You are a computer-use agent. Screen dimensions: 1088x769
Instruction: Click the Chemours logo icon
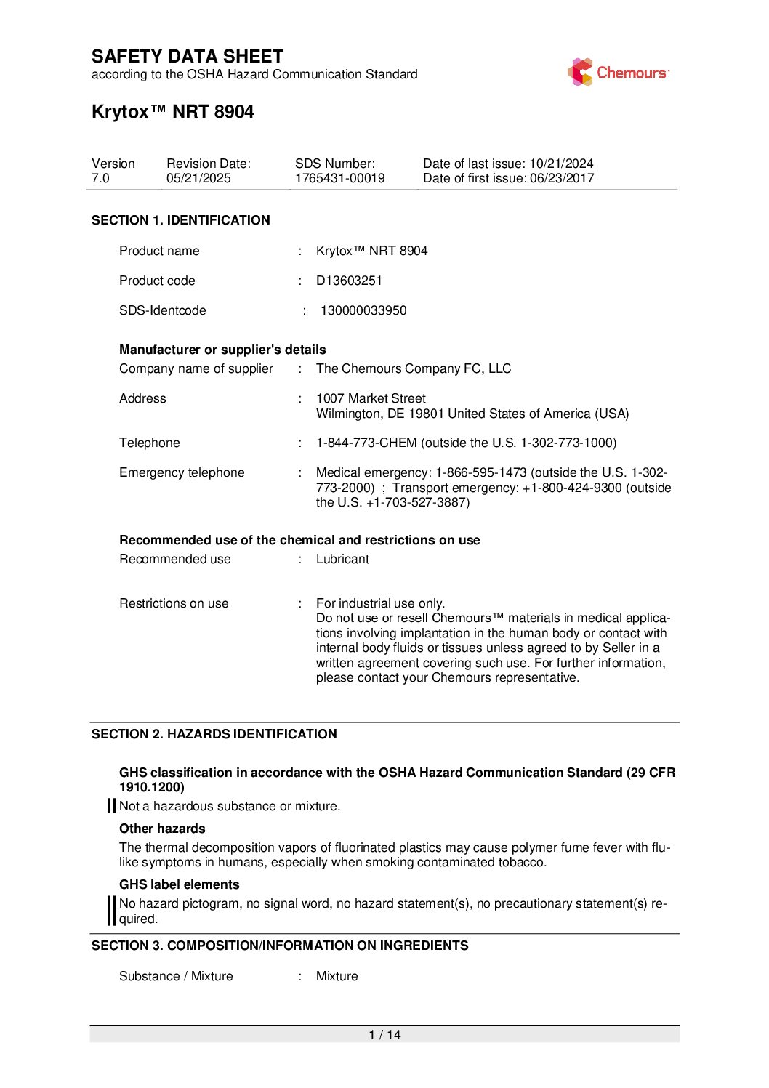[x=580, y=73]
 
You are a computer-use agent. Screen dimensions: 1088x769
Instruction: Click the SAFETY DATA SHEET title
[x=188, y=57]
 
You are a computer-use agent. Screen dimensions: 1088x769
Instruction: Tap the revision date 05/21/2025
[x=198, y=179]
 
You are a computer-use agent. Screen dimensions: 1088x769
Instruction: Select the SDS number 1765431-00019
[x=339, y=179]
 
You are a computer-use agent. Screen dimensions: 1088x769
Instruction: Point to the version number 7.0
[x=100, y=179]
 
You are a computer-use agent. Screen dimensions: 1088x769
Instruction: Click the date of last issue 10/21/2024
[x=561, y=164]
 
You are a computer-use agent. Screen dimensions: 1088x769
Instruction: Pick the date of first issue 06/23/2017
[x=562, y=179]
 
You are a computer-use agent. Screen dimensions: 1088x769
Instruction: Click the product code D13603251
[x=349, y=281]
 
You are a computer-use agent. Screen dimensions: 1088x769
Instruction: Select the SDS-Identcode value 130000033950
[x=363, y=310]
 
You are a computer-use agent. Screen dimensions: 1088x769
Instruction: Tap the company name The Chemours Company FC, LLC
[x=414, y=368]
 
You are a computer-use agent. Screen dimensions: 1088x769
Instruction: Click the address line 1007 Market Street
[x=371, y=398]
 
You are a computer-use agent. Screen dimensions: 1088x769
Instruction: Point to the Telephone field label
[x=150, y=443]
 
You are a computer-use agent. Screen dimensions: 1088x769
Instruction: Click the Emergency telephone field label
[x=182, y=472]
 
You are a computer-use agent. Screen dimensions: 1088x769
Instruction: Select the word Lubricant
[x=342, y=559]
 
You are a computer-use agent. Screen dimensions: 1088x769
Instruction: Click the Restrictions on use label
[x=174, y=603]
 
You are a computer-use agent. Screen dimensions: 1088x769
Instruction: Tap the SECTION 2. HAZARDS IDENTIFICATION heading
[x=214, y=734]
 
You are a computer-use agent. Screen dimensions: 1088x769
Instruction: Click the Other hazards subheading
[x=162, y=829]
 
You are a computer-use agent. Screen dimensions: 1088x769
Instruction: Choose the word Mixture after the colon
[x=337, y=976]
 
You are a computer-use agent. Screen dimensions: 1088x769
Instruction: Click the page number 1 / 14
[x=384, y=1035]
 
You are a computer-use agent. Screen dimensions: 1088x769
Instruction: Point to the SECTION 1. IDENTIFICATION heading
[x=181, y=220]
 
